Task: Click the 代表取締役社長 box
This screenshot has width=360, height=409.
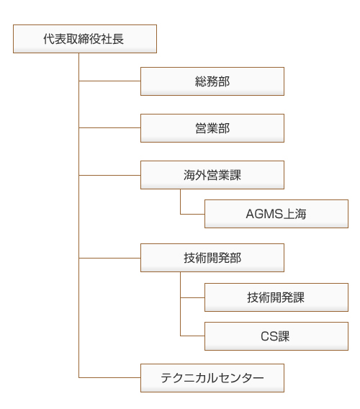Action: [85, 39]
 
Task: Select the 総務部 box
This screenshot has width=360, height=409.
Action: [212, 81]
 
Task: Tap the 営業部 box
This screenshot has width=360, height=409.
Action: [212, 128]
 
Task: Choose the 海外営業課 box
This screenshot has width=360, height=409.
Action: [212, 175]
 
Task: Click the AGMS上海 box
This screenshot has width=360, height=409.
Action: [276, 214]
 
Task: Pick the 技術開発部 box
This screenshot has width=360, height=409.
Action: [212, 258]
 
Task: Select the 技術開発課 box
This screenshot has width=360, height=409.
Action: [276, 297]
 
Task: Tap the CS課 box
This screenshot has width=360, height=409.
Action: [276, 336]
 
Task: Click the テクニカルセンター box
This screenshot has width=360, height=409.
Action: [212, 378]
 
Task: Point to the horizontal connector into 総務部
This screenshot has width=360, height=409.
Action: [109, 81]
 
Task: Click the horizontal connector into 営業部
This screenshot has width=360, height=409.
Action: [109, 128]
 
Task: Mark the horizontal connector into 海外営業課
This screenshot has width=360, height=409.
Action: [109, 175]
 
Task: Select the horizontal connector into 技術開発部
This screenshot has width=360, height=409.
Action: [109, 259]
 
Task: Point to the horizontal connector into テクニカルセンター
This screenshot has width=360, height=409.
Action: [109, 377]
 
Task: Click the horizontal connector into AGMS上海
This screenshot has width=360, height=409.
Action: [192, 214]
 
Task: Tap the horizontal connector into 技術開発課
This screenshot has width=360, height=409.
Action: [192, 297]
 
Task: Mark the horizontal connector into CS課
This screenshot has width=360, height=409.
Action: [192, 336]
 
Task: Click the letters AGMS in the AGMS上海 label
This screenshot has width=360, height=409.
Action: [264, 214]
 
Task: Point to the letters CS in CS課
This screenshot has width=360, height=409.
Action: [269, 336]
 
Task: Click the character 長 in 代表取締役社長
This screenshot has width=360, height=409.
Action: [118, 39]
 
